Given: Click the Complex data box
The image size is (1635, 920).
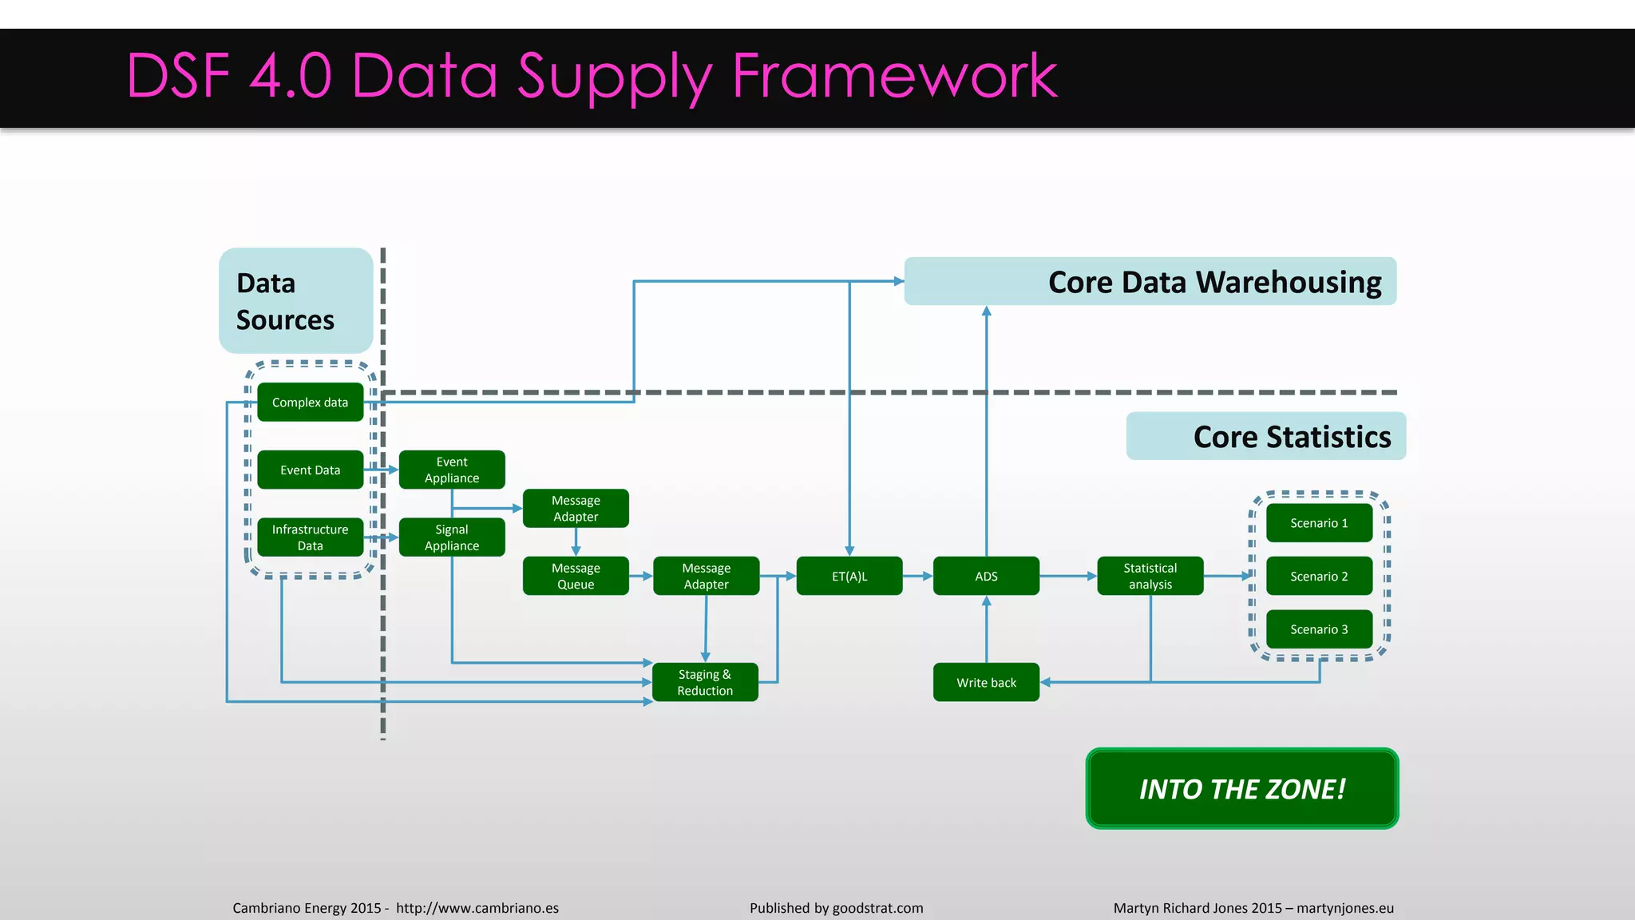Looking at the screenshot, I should [x=310, y=402].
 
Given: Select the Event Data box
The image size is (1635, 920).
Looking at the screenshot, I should [x=310, y=470].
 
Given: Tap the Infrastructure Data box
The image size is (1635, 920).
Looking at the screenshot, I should [x=310, y=537].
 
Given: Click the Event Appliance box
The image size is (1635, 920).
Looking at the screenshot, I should [x=452, y=470].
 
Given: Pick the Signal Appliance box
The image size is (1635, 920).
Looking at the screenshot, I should [x=452, y=537].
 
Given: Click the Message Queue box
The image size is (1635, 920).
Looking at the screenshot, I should [x=576, y=576].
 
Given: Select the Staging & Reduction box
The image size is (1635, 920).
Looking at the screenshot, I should [x=705, y=682].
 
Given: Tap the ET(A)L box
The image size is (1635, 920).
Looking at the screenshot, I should [x=849, y=576].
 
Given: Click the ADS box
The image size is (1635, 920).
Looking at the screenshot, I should [x=986, y=576].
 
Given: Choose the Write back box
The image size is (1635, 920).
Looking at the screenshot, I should [x=986, y=682].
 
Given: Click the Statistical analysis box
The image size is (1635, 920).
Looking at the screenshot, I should [x=1150, y=576].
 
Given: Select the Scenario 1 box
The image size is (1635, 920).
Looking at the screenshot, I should [x=1319, y=523].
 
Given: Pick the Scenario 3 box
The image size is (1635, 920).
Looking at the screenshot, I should [x=1319, y=629].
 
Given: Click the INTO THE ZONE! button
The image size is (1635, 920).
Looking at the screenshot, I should [x=1241, y=789].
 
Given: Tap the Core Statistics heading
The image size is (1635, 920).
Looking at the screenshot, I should [x=1291, y=437].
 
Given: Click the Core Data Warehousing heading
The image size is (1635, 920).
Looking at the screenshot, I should [x=1213, y=282].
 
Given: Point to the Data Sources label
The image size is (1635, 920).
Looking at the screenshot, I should [x=286, y=301].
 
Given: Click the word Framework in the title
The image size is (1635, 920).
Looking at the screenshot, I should [x=894, y=76].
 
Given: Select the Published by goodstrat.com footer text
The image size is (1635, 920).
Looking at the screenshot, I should [x=836, y=908].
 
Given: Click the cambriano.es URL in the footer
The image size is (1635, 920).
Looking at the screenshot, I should [x=477, y=908].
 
